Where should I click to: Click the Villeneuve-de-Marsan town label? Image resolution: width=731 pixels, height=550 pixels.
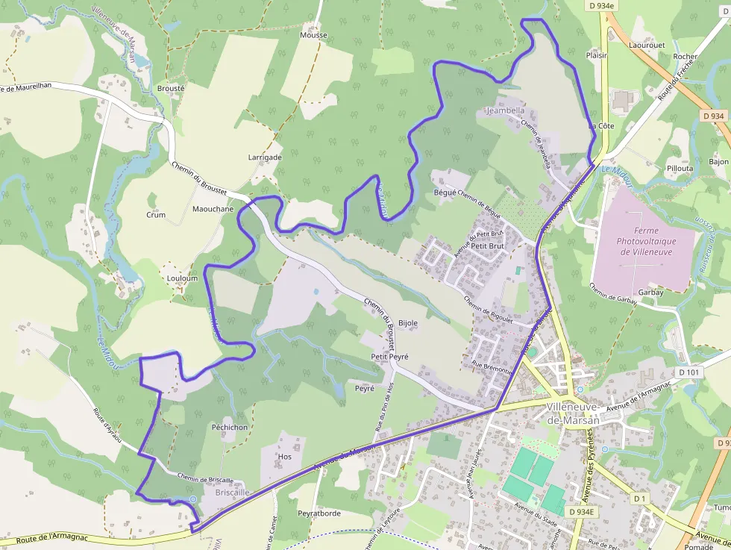tap(572, 413)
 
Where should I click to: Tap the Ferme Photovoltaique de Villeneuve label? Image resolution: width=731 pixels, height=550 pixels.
tap(645, 242)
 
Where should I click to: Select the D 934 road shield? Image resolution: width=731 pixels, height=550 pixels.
tap(713, 116)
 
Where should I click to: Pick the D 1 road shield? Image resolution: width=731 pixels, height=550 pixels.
tap(639, 498)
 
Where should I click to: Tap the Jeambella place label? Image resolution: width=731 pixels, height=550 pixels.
tap(505, 110)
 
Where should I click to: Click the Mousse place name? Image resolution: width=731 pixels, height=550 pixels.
tap(313, 35)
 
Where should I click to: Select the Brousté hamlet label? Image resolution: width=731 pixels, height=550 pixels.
tap(171, 87)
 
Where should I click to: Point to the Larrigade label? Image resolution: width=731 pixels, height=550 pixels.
tap(265, 157)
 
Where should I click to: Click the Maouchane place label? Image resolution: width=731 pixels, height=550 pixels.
tap(213, 209)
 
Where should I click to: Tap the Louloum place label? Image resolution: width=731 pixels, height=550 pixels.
tap(182, 278)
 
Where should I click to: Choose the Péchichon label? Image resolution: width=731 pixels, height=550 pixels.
tap(229, 428)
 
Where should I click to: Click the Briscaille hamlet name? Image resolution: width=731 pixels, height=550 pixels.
tap(231, 493)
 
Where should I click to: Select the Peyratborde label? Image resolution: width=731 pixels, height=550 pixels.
tap(319, 513)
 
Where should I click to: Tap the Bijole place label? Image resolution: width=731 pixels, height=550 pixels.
tap(408, 323)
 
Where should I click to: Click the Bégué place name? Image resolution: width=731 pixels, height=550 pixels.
tap(445, 192)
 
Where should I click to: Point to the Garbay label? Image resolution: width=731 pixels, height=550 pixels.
tap(650, 293)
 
